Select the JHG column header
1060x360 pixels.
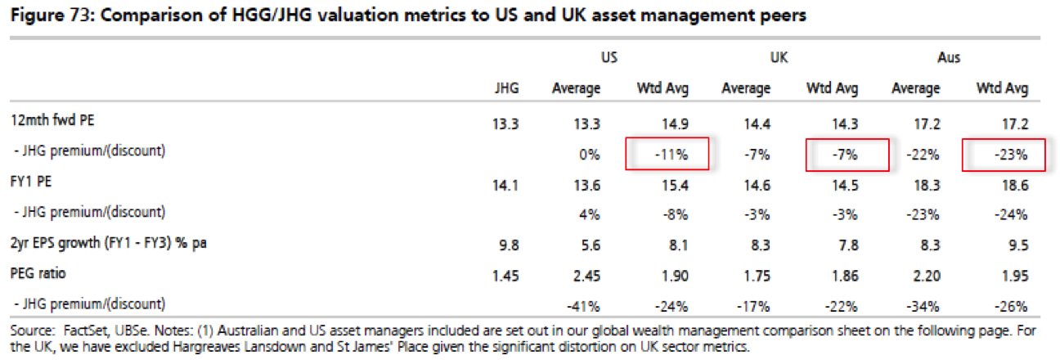click(507, 88)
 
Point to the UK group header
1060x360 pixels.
click(779, 58)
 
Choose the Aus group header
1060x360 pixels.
click(949, 58)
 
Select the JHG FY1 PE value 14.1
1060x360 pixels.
click(507, 185)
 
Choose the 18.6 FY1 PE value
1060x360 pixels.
click(1014, 185)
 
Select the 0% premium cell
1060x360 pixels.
click(592, 154)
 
